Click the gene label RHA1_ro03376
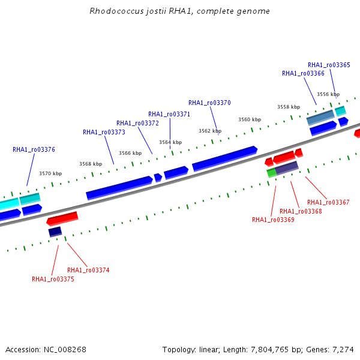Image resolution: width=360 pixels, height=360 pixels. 34,149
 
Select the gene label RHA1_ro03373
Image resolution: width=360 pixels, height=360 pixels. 104,132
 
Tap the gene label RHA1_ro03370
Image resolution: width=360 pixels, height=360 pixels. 209,103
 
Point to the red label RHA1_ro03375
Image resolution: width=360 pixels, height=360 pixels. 53,279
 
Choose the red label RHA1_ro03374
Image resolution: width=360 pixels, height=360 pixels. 88,270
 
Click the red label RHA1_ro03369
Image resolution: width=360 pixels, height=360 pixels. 273,220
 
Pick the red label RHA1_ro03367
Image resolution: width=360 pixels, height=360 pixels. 328,202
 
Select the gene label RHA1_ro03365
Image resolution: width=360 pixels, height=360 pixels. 329,65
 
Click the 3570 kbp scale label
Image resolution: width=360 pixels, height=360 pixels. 50,173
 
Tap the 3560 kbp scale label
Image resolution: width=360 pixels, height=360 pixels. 250,119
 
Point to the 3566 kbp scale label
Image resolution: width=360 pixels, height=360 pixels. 130,153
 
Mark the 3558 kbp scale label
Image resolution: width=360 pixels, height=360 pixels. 289,107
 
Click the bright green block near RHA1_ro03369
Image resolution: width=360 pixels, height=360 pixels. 272,173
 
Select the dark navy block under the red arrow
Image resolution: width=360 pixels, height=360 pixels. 55,232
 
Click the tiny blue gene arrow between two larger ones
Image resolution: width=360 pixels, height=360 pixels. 158,178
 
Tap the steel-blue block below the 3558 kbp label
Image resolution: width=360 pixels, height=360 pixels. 320,118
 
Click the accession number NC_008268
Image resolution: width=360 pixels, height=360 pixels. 65,350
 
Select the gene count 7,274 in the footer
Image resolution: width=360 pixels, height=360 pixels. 343,350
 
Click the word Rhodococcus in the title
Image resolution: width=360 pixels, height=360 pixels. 116,11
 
